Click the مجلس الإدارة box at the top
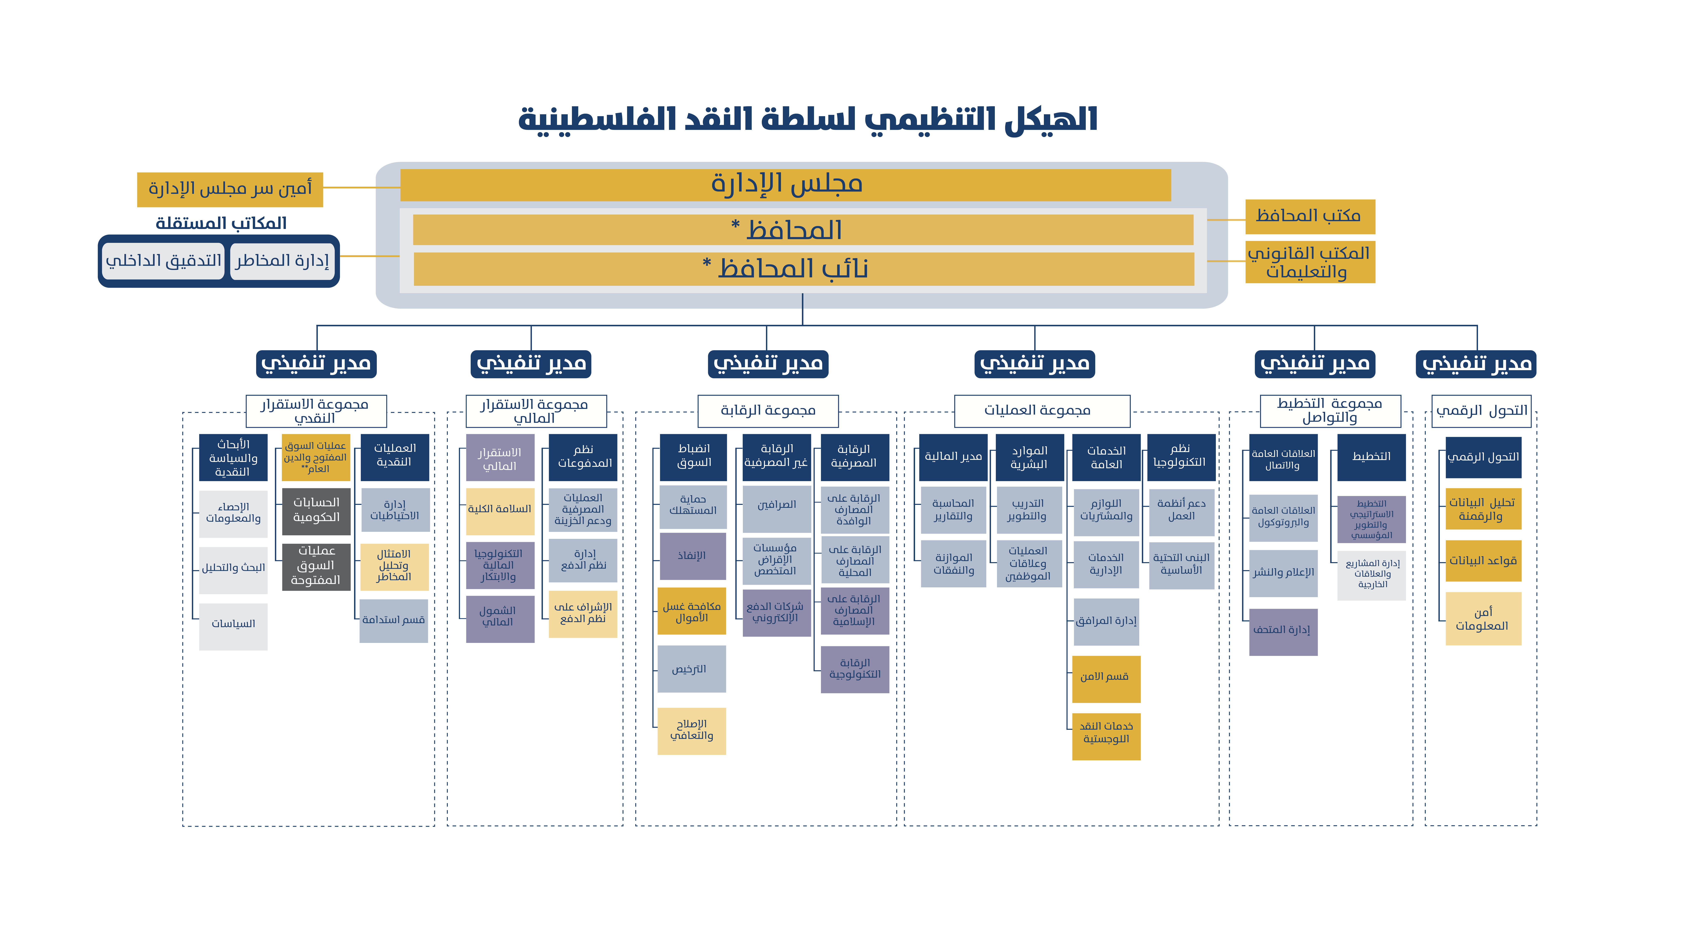click(x=785, y=185)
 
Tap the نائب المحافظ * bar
click(x=803, y=269)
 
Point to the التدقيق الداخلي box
click(x=163, y=261)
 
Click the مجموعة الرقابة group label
click(x=768, y=410)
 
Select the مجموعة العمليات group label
click(x=1042, y=410)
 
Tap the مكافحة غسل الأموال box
click(x=692, y=611)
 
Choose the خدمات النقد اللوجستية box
click(x=1106, y=736)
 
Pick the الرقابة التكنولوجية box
click(x=855, y=669)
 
